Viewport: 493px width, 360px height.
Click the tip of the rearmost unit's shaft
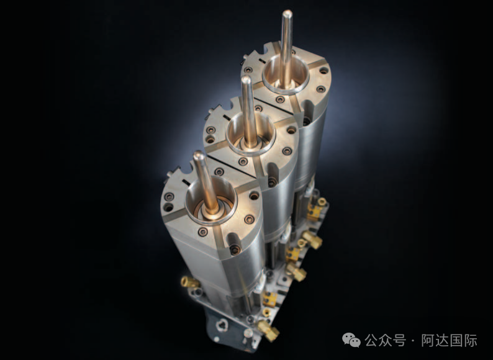(287, 12)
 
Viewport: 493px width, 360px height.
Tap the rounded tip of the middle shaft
(246, 79)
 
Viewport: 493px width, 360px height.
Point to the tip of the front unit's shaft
(199, 155)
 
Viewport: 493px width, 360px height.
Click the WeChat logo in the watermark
(351, 340)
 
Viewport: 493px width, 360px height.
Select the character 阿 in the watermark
(428, 340)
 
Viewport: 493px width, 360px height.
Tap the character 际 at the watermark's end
(471, 340)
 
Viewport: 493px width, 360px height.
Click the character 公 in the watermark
(371, 340)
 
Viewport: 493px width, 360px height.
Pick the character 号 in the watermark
(399, 340)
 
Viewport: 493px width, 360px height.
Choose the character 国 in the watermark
(456, 340)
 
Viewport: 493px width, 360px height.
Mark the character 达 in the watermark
(442, 340)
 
